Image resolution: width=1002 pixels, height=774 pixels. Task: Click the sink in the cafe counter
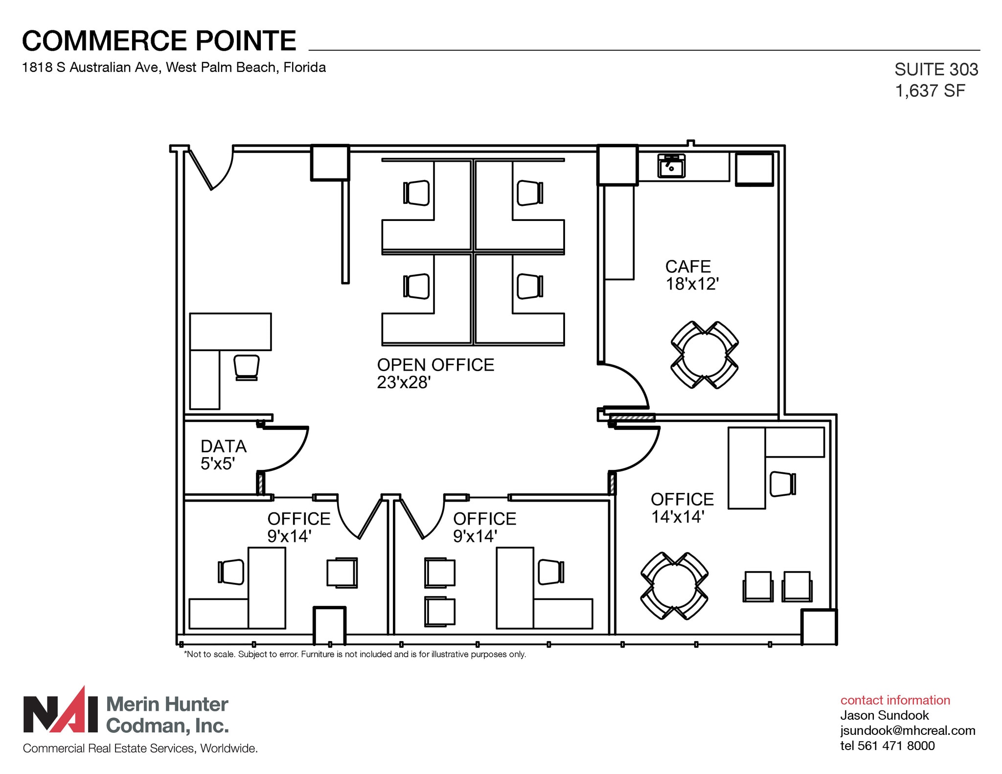671,166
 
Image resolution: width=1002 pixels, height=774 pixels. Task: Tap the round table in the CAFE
705,355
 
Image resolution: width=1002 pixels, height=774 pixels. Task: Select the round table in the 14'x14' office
674,586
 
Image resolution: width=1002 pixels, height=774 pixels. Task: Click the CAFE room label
687,266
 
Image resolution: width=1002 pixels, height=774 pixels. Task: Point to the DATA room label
223,446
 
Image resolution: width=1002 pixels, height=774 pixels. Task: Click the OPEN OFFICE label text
435,365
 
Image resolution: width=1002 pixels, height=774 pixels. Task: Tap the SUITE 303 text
935,70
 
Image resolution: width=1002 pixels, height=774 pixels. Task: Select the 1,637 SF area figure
930,91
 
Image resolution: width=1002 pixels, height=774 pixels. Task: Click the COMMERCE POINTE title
159,41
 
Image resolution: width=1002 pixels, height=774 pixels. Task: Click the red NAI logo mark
61,715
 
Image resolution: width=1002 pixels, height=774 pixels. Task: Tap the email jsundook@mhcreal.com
908,730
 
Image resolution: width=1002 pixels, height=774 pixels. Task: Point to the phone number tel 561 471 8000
887,746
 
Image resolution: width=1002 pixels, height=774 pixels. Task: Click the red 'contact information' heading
895,700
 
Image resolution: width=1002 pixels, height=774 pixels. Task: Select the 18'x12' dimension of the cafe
691,284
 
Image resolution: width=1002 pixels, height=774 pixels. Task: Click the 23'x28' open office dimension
403,382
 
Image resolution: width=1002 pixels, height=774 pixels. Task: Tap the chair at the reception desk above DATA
246,367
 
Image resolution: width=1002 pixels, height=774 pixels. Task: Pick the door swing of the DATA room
286,449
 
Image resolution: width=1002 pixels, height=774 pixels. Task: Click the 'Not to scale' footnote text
355,654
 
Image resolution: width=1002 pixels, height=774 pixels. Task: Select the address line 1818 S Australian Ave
174,67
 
